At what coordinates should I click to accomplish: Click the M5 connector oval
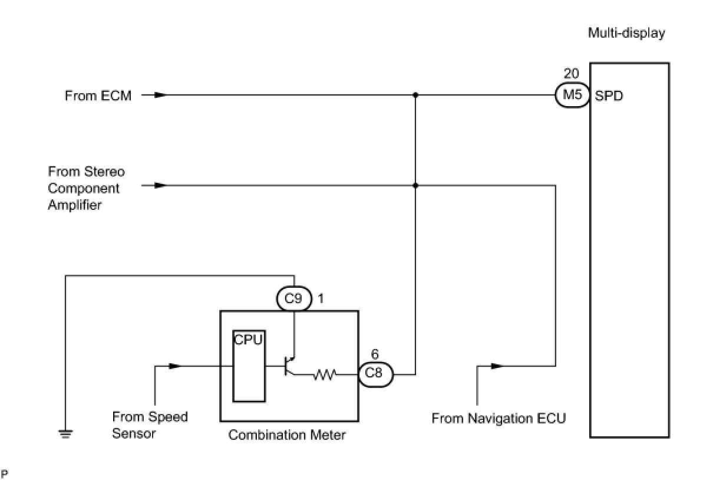point(572,95)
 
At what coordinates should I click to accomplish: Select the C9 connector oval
point(293,299)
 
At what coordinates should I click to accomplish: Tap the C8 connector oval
point(375,374)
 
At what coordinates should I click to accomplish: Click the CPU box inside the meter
point(249,366)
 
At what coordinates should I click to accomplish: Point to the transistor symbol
point(289,367)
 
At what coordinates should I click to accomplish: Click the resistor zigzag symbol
point(324,374)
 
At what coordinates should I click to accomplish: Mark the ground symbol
point(66,435)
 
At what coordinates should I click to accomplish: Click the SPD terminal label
point(609,96)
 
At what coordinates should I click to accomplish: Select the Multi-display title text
point(626,33)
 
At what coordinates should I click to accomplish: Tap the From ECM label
point(98,96)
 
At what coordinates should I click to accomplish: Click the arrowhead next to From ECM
point(161,95)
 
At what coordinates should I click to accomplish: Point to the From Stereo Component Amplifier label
point(86,188)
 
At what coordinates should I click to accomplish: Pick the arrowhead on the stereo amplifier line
point(161,185)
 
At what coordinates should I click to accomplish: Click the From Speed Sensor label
point(150,425)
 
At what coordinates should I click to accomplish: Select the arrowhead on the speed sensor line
point(174,366)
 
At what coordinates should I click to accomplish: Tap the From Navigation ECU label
point(499,419)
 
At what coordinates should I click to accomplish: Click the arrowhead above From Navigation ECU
point(497,366)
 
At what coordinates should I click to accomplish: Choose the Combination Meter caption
point(287,435)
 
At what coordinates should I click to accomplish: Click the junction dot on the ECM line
point(415,95)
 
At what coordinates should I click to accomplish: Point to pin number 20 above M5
point(571,74)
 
